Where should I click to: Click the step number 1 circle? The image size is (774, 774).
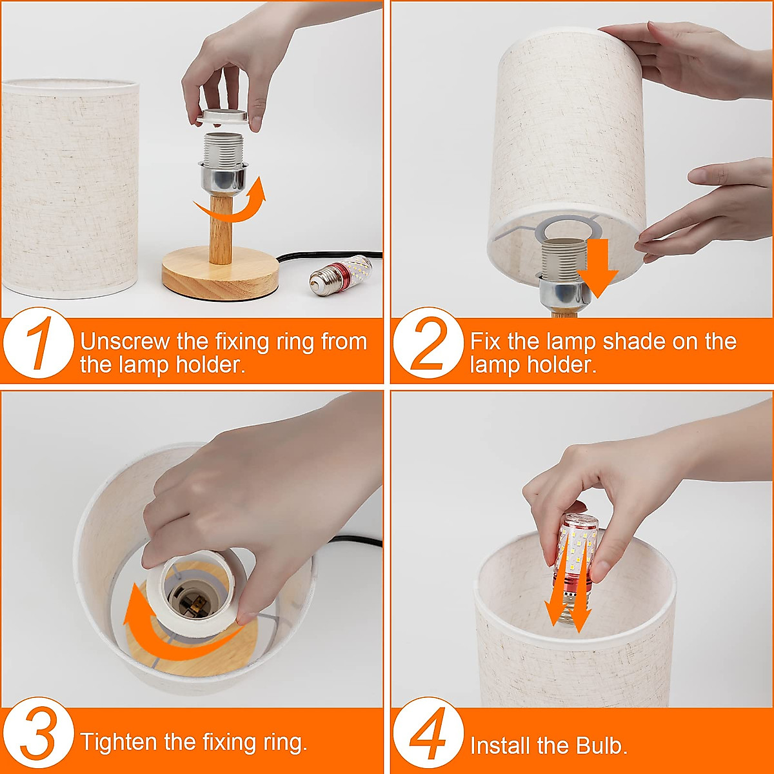(x=38, y=342)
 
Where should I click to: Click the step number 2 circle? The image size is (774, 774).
(x=428, y=342)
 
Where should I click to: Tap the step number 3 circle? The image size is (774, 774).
(x=38, y=733)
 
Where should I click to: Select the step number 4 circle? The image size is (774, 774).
(x=428, y=733)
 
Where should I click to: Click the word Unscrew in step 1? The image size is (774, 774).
(x=126, y=342)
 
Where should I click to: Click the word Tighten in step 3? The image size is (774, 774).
(x=119, y=742)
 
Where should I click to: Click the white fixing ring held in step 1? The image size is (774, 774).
(x=223, y=117)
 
